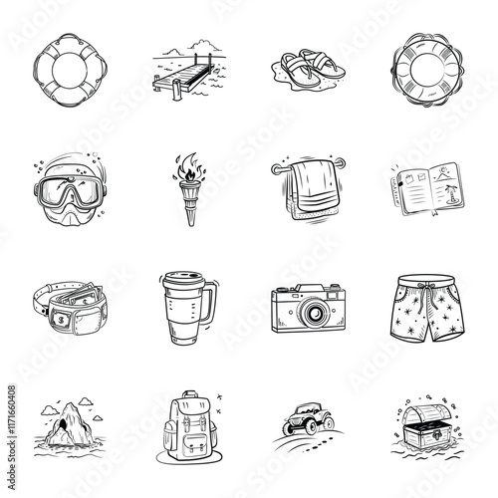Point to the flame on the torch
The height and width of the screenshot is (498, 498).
click(x=186, y=165)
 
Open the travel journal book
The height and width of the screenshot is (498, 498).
click(x=425, y=185)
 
